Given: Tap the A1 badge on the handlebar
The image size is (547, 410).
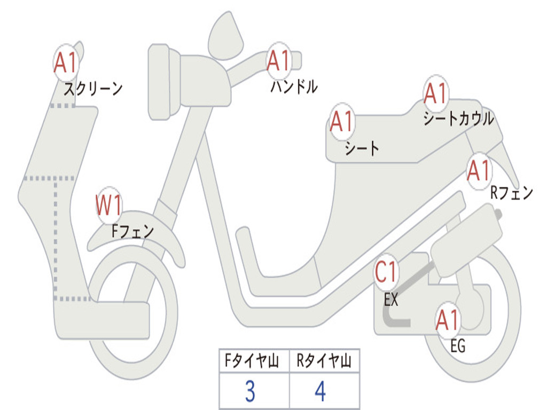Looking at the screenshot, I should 278,61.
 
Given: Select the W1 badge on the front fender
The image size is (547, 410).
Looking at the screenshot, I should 110,206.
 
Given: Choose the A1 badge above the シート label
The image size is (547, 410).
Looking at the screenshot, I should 342,122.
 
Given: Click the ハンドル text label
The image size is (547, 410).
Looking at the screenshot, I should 294,86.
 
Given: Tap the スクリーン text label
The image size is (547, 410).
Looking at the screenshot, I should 93,89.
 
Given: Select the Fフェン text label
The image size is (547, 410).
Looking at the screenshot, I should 132,231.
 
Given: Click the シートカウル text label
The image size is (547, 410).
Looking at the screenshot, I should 458,119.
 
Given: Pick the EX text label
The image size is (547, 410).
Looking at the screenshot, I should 391,300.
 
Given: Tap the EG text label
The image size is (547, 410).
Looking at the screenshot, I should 458,346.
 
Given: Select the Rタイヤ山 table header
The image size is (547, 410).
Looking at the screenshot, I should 324,362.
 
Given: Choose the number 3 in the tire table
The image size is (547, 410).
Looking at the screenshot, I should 249,392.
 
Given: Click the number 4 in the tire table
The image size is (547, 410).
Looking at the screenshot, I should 321,392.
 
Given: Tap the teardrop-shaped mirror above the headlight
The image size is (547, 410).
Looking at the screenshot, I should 225,36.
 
